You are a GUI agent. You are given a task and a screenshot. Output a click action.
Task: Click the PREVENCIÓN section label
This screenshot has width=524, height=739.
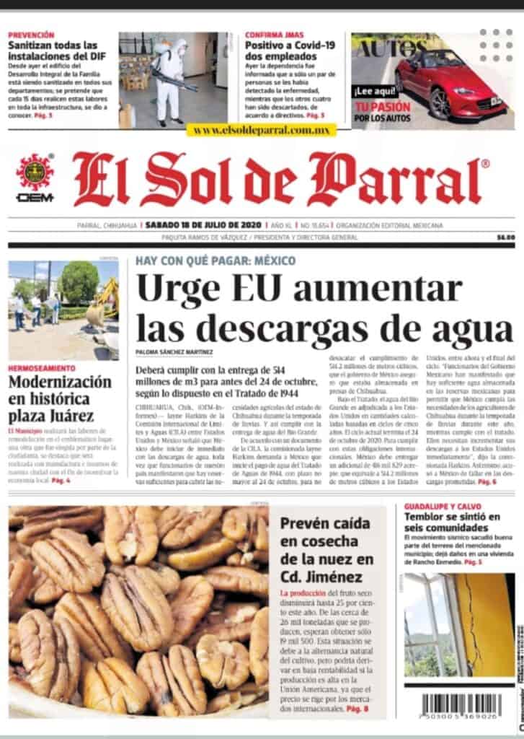click(x=31, y=35)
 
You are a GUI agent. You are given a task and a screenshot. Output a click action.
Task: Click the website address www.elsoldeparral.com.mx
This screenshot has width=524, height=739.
click(x=261, y=131)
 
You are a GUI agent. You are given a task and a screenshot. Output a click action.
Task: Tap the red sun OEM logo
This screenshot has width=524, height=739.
click(x=35, y=172)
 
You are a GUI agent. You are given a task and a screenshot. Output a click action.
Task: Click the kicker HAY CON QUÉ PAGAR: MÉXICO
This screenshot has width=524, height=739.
click(x=215, y=261)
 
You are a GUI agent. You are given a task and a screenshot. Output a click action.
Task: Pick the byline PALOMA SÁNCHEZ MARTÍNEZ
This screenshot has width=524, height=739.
click(x=174, y=351)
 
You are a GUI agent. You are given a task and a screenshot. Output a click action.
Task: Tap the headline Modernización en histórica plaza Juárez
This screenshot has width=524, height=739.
click(x=60, y=398)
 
